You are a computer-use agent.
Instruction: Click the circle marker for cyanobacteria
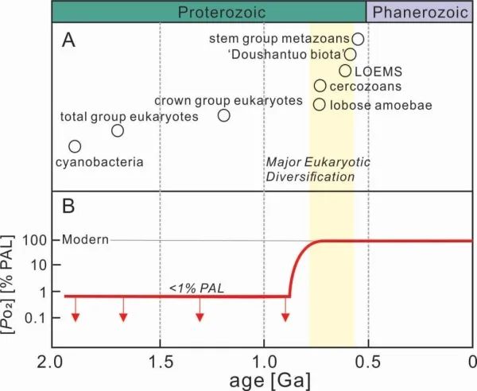pos(75,146)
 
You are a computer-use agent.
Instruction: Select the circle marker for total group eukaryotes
pos(118,131)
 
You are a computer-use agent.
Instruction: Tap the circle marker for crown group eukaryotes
pos(223,115)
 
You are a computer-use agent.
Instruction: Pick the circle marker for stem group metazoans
pos(358,39)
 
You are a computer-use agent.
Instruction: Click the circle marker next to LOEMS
pos(345,71)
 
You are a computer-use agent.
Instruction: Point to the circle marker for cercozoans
pos(320,86)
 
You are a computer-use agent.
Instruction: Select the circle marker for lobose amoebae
pos(319,104)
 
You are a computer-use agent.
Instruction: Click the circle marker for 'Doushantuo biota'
pos(350,55)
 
